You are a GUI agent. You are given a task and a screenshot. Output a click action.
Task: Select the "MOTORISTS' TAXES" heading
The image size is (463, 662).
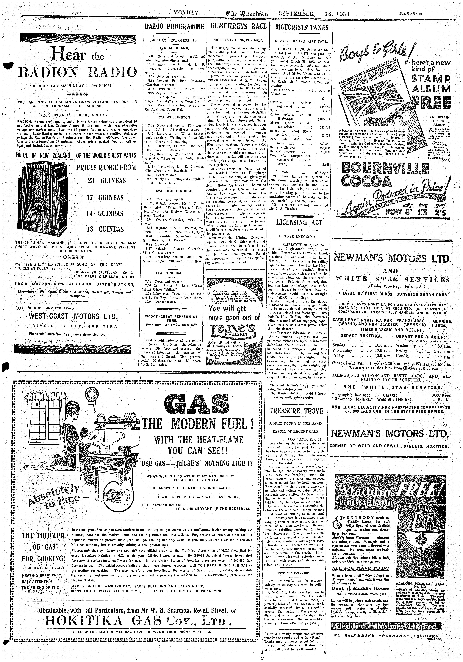coord(301,27)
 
